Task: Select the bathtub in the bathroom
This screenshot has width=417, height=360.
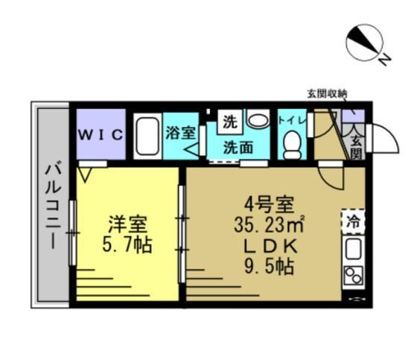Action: click(147, 135)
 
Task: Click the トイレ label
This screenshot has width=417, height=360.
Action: click(293, 119)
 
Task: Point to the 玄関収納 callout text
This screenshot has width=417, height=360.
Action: click(327, 93)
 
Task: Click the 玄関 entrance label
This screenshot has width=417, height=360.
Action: click(355, 147)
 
